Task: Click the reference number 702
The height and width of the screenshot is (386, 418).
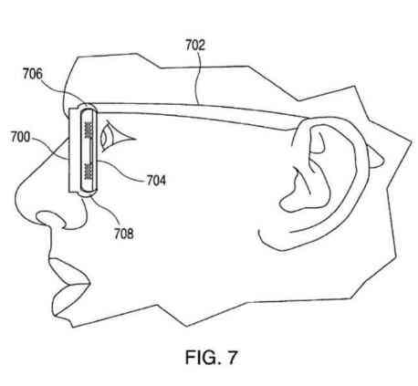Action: [195, 45]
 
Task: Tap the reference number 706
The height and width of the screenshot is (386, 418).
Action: [33, 74]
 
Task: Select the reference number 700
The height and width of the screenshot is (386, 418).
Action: [20, 137]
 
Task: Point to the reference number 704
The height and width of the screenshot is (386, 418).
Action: [156, 181]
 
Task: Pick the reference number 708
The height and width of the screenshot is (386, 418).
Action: [124, 234]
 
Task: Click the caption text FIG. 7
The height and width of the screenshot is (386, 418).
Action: [211, 357]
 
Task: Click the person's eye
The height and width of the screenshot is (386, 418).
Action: [116, 136]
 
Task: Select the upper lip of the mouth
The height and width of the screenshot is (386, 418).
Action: [70, 271]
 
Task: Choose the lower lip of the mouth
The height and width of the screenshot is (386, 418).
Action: [69, 299]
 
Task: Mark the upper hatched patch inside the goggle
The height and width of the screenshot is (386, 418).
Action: [89, 130]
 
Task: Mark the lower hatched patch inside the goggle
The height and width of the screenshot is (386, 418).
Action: [89, 172]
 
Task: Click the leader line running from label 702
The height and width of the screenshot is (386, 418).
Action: [198, 78]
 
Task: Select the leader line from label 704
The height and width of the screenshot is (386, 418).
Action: [121, 172]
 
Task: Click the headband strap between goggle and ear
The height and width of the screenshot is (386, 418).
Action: [198, 113]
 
